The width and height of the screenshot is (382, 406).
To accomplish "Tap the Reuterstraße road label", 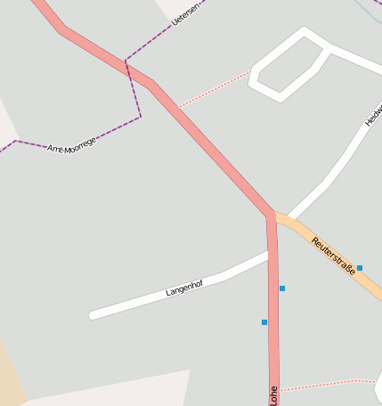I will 333,256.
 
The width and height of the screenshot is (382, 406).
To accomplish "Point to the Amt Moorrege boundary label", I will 71,143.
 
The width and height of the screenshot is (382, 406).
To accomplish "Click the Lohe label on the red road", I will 273,394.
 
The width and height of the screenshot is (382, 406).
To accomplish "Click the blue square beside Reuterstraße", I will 359,267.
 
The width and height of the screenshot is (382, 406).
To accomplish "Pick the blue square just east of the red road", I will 282,288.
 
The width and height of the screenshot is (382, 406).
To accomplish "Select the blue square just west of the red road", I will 264,322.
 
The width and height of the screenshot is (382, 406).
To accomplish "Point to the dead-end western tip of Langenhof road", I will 93,314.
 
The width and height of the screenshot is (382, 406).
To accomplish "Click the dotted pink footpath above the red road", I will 214,90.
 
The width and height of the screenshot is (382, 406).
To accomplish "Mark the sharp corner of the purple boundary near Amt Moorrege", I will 140,117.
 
